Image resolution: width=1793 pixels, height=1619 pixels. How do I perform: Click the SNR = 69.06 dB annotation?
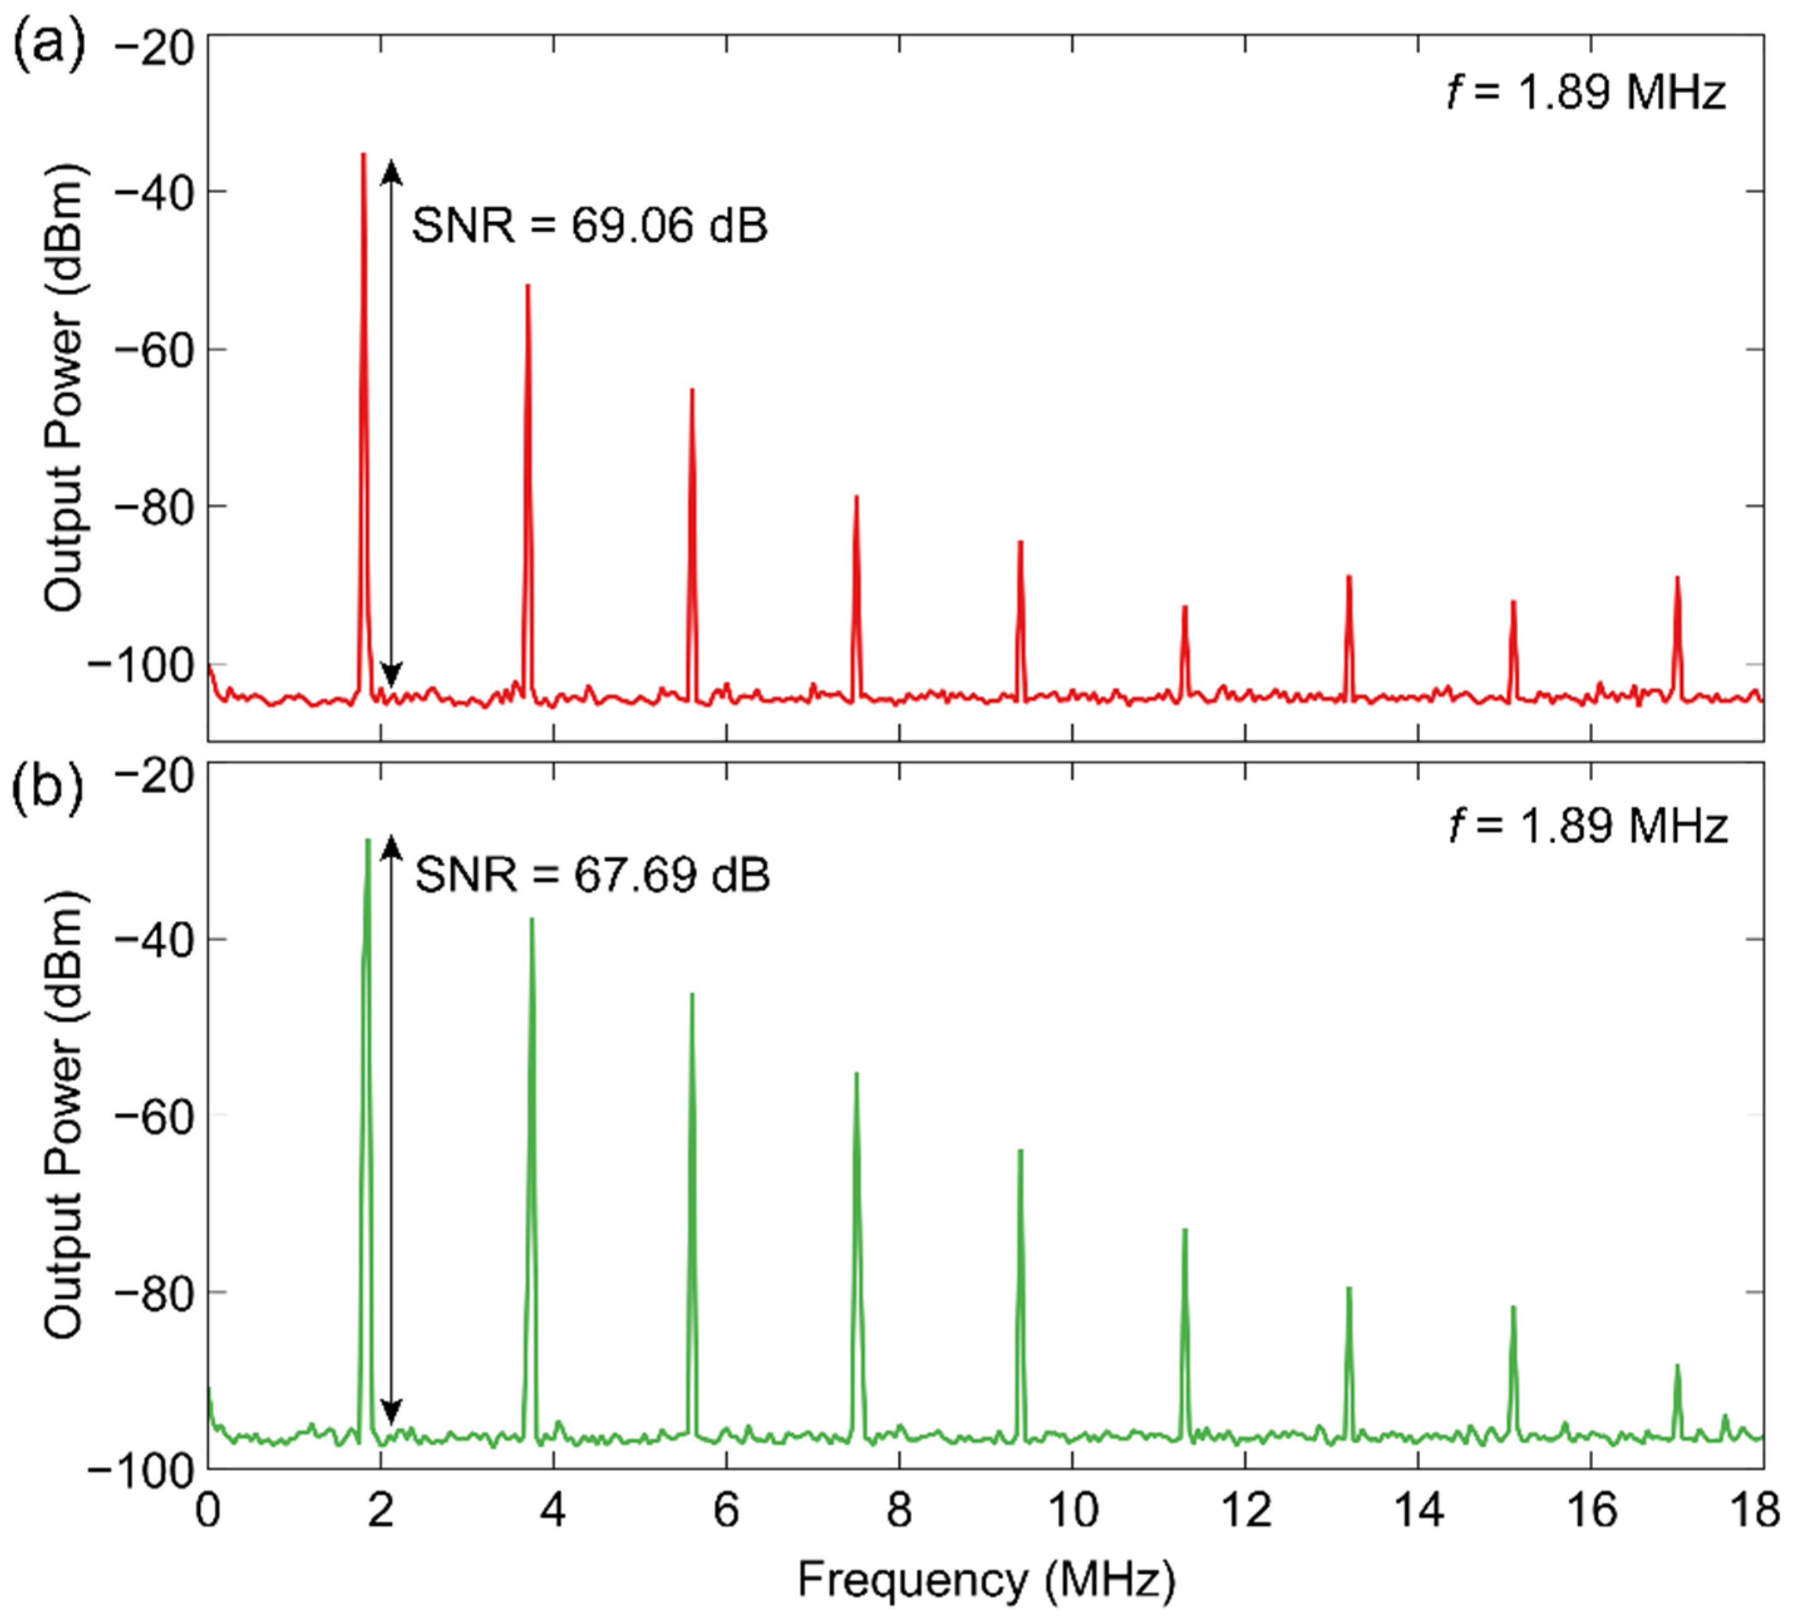(589, 226)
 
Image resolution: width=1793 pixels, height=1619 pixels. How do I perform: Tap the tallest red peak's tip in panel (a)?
(363, 155)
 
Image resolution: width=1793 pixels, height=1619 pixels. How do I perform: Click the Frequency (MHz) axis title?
(985, 1580)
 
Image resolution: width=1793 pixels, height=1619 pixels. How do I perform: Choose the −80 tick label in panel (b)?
(153, 1294)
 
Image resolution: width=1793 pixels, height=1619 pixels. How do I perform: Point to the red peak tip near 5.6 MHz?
(692, 389)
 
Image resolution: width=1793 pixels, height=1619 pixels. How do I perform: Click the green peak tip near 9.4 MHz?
(1020, 1151)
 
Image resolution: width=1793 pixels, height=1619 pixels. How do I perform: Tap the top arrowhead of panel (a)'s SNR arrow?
(391, 169)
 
